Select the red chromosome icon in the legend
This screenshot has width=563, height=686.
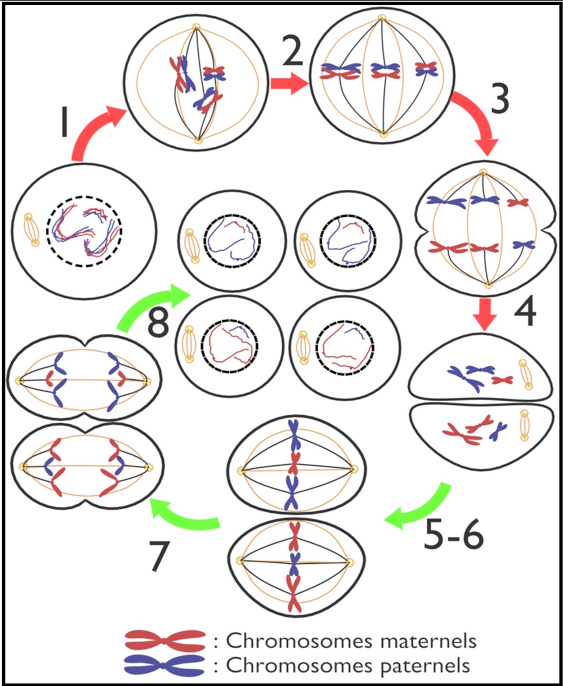point(165,639)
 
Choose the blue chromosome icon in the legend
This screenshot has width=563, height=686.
point(165,665)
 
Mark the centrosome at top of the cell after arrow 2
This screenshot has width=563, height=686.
point(382,18)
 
